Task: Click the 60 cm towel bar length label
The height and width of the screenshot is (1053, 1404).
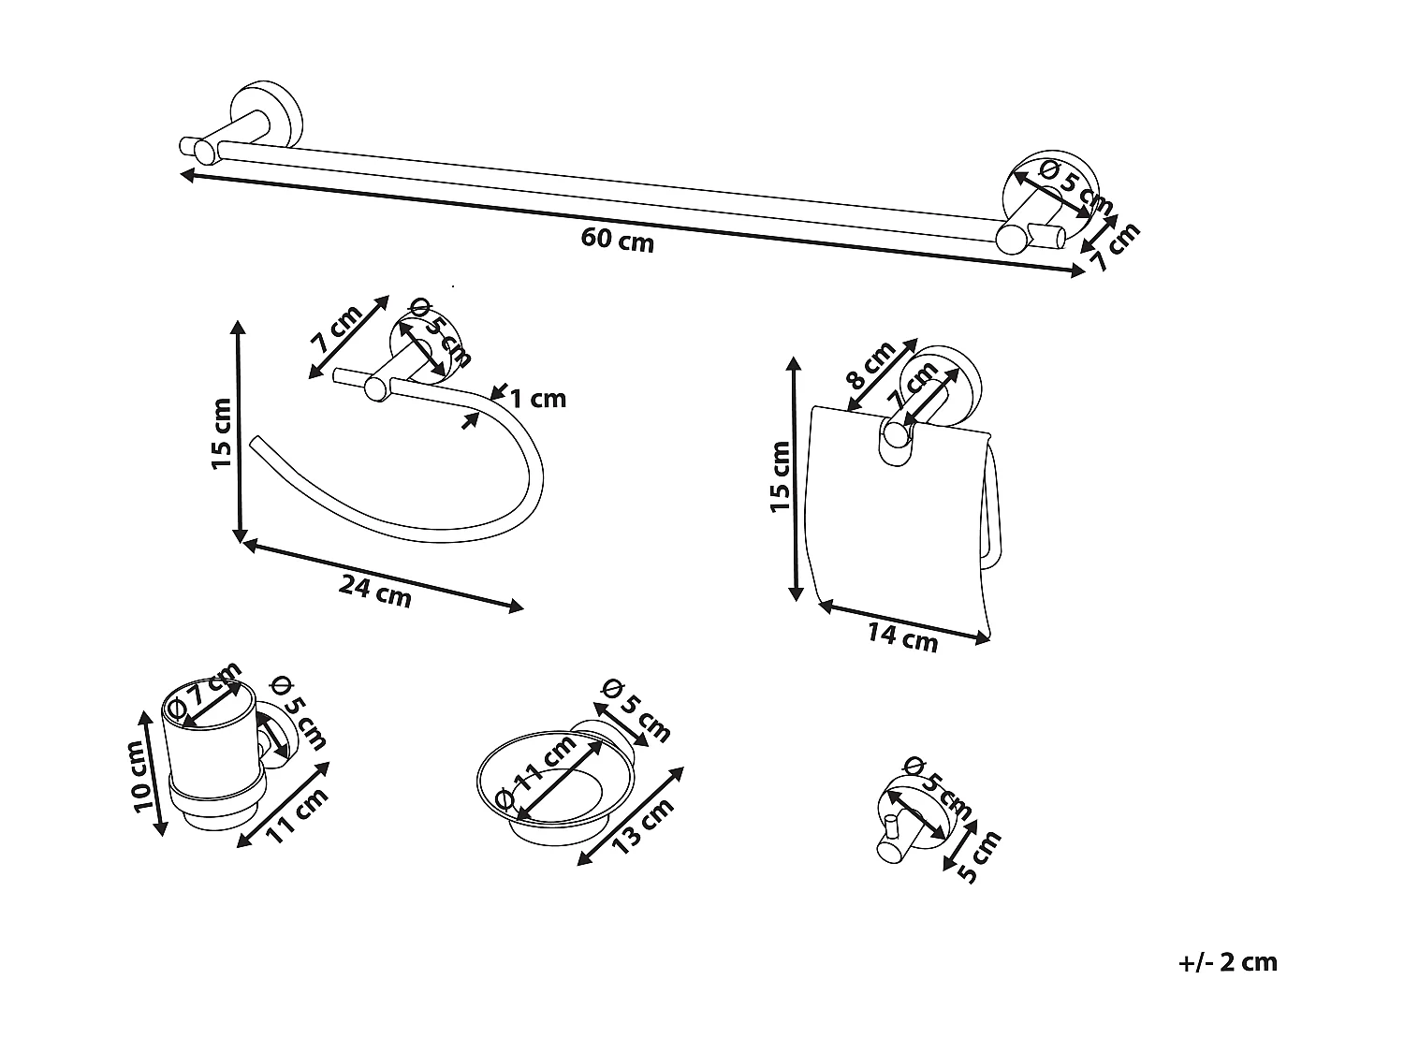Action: tap(617, 240)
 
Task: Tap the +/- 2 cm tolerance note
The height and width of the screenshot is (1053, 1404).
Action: tap(1228, 962)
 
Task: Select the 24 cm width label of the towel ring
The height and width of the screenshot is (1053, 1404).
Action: tap(374, 592)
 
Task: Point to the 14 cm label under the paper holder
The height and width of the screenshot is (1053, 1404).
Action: tap(901, 637)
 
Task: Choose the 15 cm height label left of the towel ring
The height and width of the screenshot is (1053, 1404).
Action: tap(221, 433)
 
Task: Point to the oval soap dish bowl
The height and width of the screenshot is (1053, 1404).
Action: tap(552, 782)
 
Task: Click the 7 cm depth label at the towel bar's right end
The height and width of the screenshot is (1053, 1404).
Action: tap(1116, 247)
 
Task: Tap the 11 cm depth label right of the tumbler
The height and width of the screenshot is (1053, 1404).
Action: tap(298, 816)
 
